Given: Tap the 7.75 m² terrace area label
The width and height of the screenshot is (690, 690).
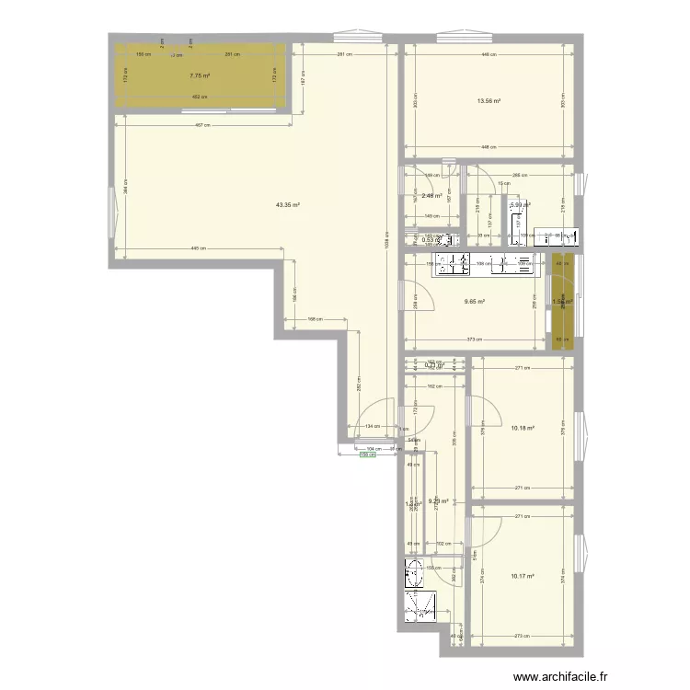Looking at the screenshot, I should click(200, 77).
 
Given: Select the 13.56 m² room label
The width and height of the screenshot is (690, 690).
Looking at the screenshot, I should click(488, 101).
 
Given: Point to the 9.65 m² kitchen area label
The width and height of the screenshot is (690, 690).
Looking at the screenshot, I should click(475, 301).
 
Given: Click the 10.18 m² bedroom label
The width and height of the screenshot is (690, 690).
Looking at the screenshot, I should click(522, 427).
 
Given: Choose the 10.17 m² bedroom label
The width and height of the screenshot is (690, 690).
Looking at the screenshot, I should click(521, 578).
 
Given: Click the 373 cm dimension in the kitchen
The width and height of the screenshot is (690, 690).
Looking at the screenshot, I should click(472, 340).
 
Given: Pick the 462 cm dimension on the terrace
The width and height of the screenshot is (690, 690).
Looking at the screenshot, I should click(195, 97).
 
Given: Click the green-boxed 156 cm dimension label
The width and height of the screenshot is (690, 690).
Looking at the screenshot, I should click(368, 454).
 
